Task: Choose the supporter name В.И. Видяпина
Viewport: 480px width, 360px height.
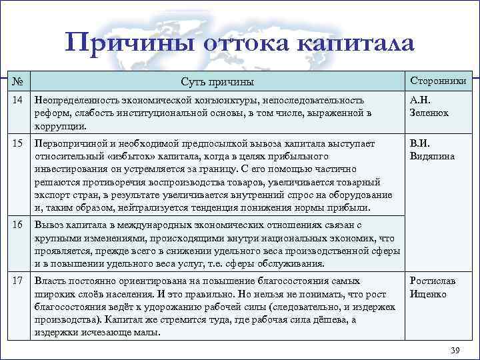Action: click(432, 150)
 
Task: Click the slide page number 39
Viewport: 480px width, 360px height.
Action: click(455, 350)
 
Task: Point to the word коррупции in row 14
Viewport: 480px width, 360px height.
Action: click(60, 125)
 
